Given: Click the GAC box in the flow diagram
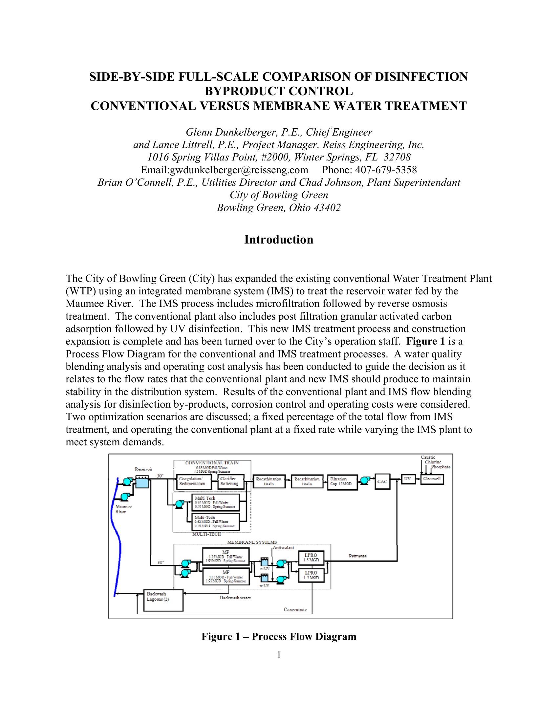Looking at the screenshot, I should point(382,482).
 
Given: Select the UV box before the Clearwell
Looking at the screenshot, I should point(408,479).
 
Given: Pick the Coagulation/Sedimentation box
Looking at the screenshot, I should point(192,481).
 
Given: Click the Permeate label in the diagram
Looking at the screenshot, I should point(358,556).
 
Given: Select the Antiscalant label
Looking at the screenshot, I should point(284,548).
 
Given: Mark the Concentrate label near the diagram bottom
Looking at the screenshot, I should point(295,610).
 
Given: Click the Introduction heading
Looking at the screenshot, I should point(279,240).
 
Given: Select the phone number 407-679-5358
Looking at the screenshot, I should point(386,170).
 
